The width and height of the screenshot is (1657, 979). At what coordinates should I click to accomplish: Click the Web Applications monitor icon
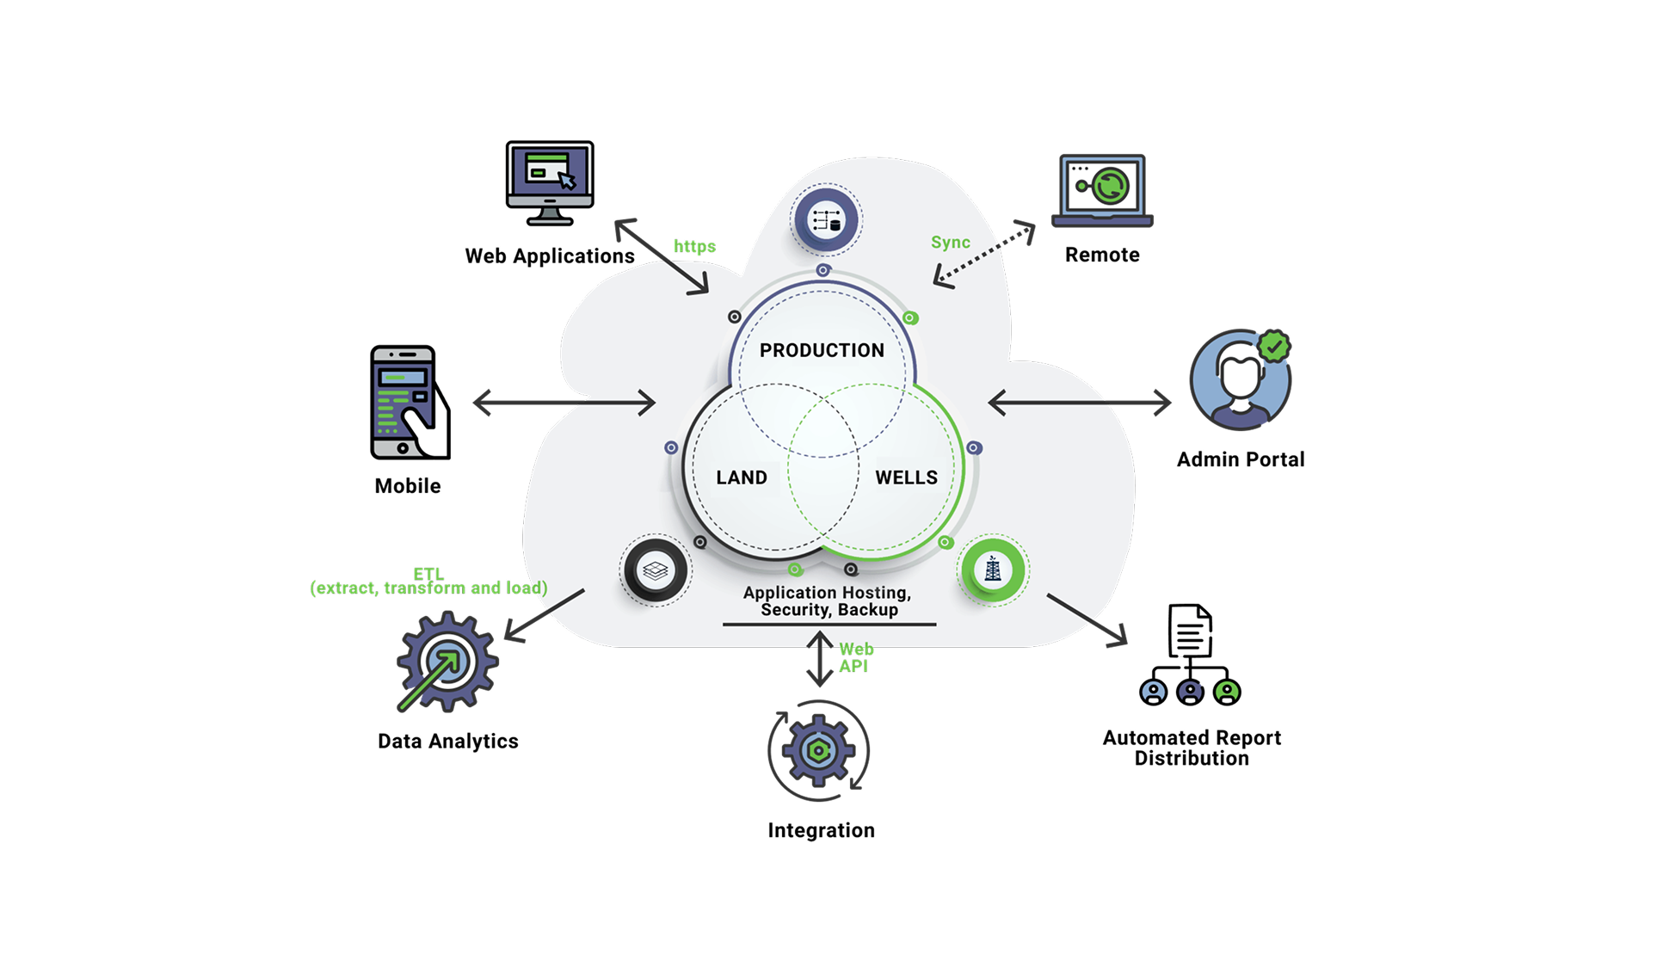[550, 183]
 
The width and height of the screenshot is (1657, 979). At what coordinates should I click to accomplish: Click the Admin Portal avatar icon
[1240, 379]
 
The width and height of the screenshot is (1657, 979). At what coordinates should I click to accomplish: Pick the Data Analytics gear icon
[447, 662]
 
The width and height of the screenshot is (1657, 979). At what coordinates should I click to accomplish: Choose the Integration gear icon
[819, 750]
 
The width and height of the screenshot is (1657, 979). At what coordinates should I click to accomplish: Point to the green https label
[694, 246]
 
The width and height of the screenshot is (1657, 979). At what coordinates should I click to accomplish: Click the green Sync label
[950, 243]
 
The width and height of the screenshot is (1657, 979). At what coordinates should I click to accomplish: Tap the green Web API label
[856, 657]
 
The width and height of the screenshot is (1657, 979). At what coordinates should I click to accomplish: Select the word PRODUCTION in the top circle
[822, 350]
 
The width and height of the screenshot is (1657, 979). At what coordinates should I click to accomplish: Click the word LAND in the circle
[742, 477]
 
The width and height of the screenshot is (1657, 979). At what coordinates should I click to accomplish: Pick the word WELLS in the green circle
[906, 477]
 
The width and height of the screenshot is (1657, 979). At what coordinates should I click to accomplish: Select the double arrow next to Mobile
[564, 402]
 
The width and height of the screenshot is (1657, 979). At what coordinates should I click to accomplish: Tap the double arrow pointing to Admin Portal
[1080, 402]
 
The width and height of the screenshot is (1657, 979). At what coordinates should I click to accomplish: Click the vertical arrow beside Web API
[820, 659]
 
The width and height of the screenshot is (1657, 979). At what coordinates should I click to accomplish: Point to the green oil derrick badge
[993, 570]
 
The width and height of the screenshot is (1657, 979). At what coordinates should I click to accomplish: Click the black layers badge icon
[656, 570]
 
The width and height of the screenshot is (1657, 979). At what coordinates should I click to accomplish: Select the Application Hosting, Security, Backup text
[828, 601]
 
